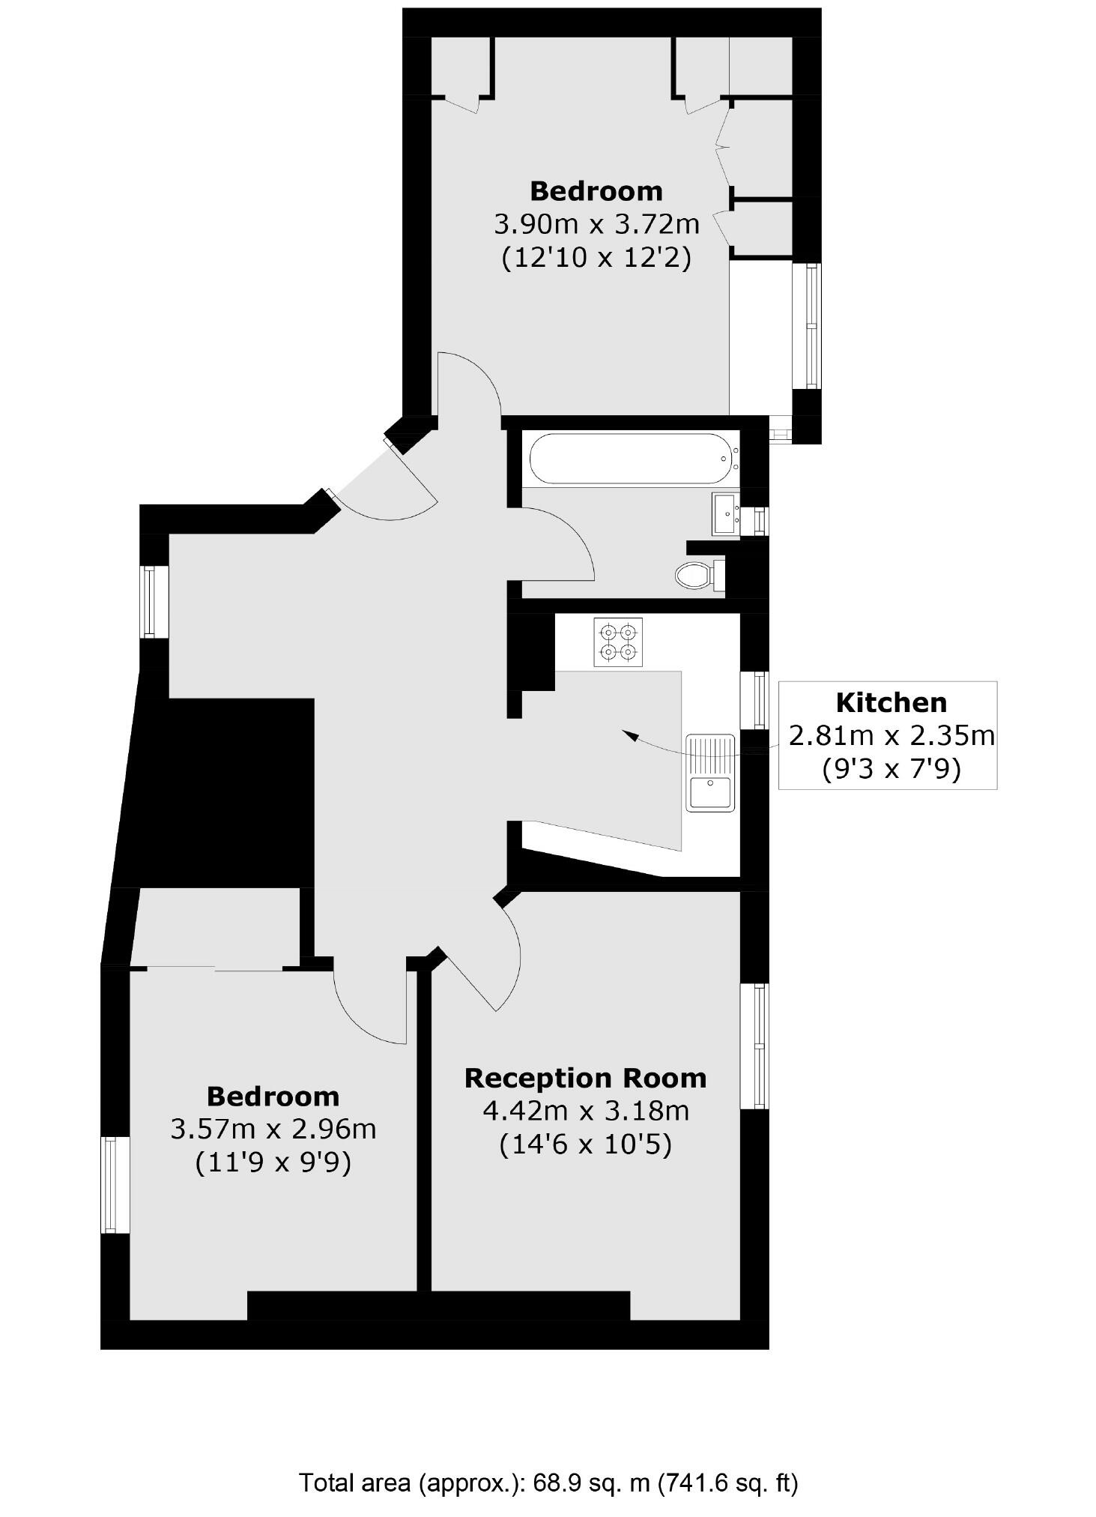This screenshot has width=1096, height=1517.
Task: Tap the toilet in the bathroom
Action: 696,576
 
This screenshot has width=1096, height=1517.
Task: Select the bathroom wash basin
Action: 724,513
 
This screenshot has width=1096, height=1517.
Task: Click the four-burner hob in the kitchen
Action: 618,642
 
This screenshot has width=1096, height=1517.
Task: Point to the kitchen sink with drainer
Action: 710,772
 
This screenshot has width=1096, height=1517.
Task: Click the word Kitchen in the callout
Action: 891,703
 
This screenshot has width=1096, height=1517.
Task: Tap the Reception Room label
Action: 585,1078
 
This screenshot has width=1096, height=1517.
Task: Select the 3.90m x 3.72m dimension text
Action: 596,224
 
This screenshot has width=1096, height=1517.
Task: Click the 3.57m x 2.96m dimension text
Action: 273,1129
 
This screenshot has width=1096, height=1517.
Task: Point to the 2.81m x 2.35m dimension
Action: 891,736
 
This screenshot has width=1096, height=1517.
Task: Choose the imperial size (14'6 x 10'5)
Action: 585,1144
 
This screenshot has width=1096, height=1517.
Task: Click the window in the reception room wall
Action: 755,1046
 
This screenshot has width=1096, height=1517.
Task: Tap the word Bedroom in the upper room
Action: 596,191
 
